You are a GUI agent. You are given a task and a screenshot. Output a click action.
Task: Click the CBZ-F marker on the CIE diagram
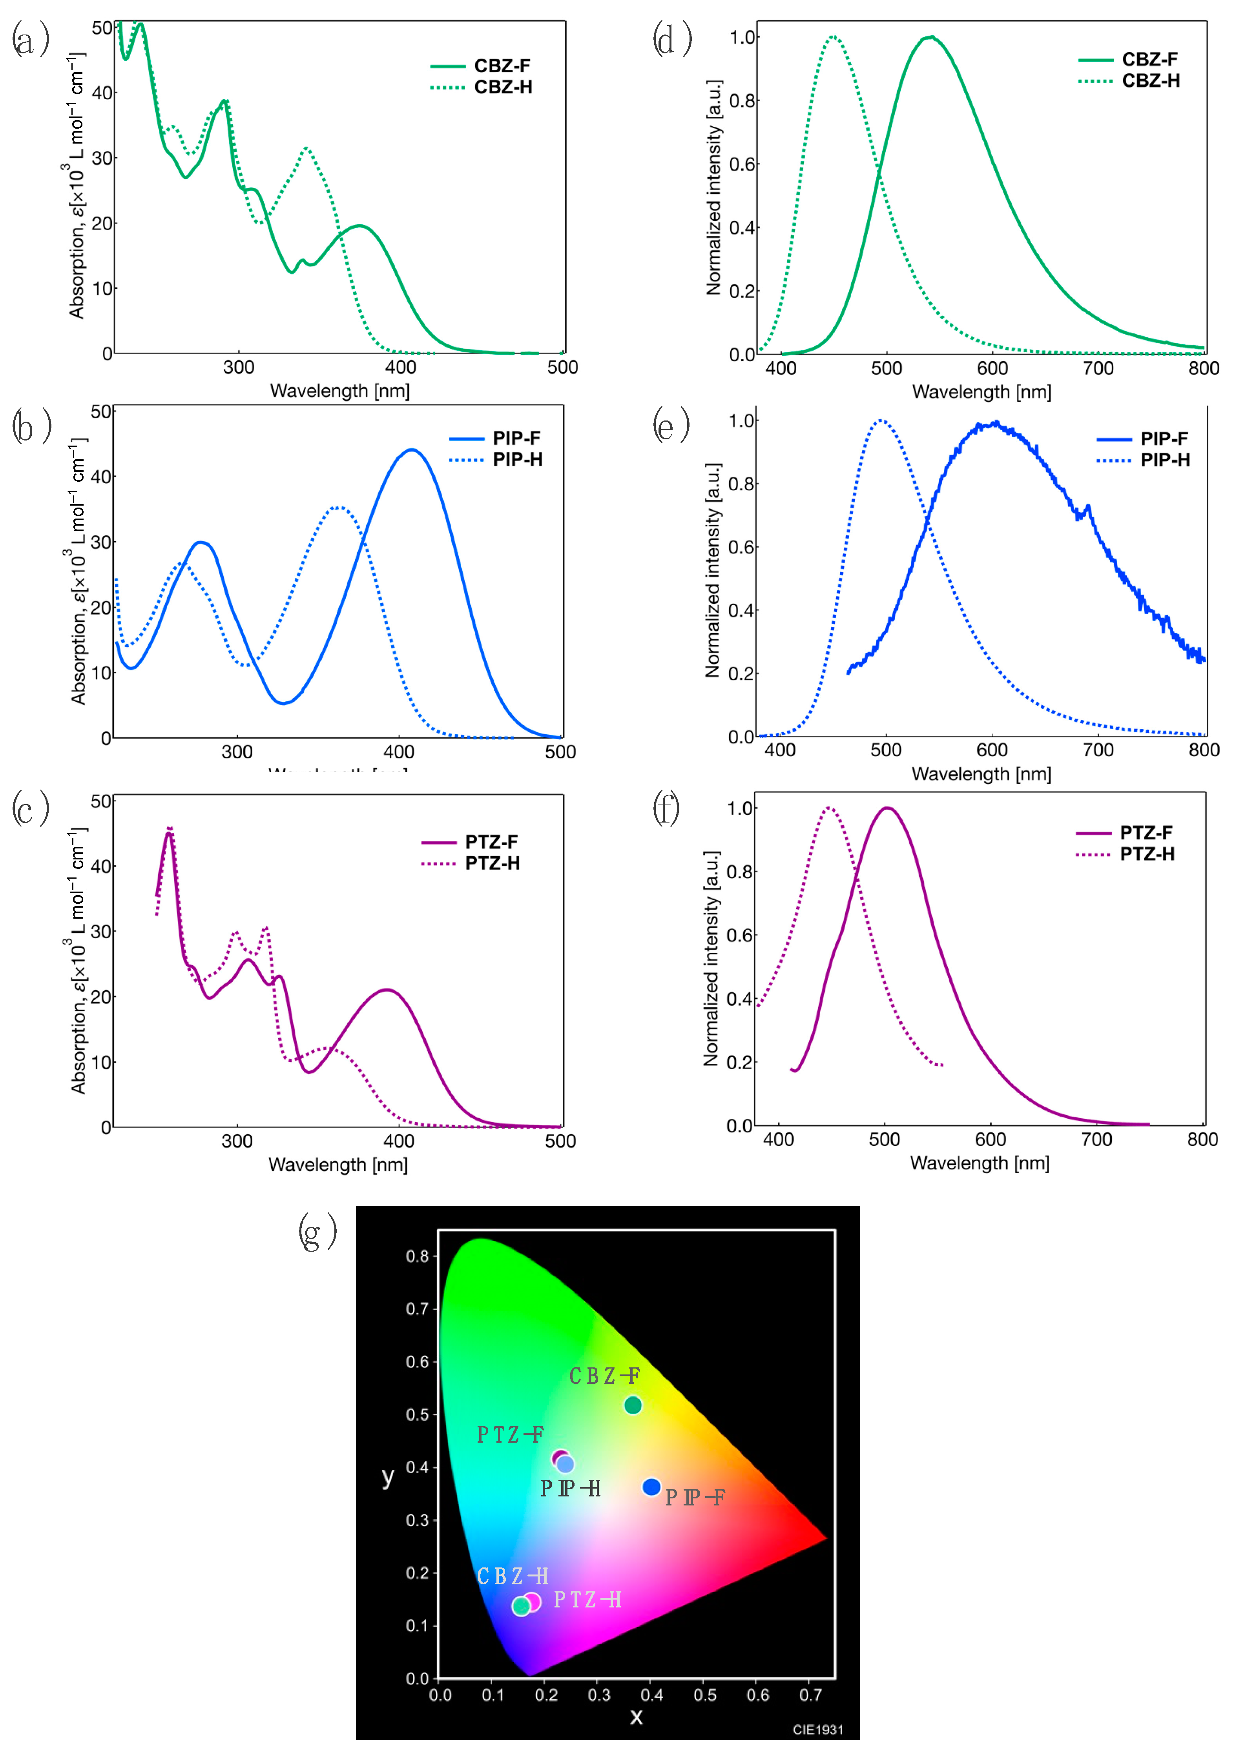point(632,1405)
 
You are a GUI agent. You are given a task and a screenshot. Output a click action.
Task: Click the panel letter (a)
point(31,40)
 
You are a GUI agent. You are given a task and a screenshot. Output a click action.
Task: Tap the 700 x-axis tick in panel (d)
point(1098,368)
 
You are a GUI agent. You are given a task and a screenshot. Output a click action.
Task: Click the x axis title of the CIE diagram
point(636,1717)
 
